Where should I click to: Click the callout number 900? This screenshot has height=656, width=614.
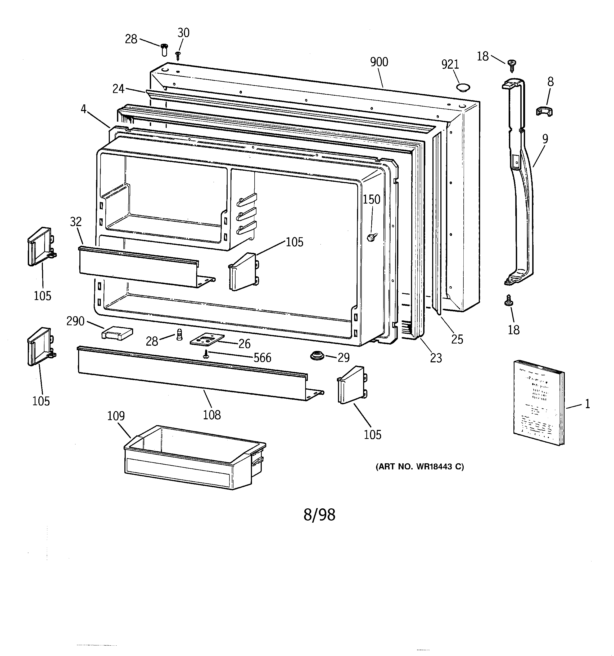379,62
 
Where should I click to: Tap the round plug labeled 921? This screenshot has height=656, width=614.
463,87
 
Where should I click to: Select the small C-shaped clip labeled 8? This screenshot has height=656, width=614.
544,111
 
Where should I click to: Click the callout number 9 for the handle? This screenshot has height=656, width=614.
545,139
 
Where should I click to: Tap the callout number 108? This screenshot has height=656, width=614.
211,415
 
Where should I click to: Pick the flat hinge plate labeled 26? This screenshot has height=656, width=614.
207,339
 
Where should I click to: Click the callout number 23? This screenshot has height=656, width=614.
436,358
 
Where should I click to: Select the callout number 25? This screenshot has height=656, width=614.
457,339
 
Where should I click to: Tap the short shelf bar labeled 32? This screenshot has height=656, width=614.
138,266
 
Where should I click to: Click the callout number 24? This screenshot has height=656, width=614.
118,89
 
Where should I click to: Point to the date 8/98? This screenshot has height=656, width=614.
319,515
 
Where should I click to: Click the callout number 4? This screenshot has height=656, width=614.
84,109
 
